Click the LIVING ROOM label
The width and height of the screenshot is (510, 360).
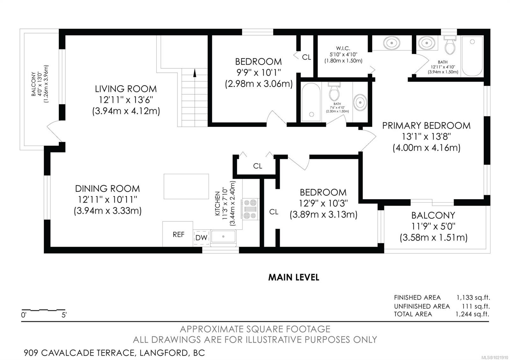tap(126, 89)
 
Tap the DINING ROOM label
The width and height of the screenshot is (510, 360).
tap(107, 188)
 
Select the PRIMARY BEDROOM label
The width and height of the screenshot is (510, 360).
tap(426, 126)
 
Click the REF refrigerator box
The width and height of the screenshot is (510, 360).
tap(178, 234)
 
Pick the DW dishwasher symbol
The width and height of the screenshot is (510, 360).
tap(201, 238)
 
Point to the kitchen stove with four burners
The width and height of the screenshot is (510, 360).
tap(250, 209)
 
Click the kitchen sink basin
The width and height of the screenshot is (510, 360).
tap(223, 236)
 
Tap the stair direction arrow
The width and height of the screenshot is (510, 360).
tap(194, 73)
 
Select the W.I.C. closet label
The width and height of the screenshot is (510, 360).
tap(343, 48)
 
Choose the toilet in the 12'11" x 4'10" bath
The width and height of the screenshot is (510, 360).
tap(450, 45)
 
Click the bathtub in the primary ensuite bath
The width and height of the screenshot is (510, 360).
tap(472, 56)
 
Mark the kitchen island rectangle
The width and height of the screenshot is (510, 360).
tap(186, 186)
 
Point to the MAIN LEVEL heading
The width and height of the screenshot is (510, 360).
tap(294, 277)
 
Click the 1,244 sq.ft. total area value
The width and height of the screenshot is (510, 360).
tap(472, 314)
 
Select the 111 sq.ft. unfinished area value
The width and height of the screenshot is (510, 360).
tap(476, 306)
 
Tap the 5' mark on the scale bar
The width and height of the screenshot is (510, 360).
tap(64, 315)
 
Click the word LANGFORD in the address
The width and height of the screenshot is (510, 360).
tap(164, 353)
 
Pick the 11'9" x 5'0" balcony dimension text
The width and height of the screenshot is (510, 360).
tap(433, 227)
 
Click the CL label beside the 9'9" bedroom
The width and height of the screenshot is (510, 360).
tap(306, 57)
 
